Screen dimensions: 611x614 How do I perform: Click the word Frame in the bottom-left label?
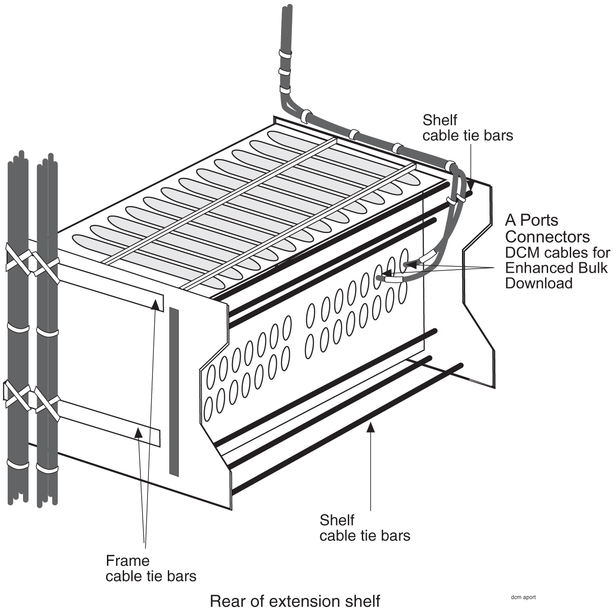pyautogui.click(x=127, y=561)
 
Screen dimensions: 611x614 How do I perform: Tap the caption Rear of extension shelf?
pyautogui.click(x=295, y=601)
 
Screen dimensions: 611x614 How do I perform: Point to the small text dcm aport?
pyautogui.click(x=523, y=597)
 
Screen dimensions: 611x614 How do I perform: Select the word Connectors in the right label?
pyautogui.click(x=547, y=237)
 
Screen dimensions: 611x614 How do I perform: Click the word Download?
pyautogui.click(x=539, y=283)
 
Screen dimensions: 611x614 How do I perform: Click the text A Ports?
pyautogui.click(x=531, y=220)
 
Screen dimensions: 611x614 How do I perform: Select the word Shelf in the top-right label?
pyautogui.click(x=439, y=120)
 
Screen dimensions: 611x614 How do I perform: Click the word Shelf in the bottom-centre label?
pyautogui.click(x=337, y=520)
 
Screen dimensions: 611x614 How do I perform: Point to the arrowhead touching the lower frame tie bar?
pyautogui.click(x=138, y=432)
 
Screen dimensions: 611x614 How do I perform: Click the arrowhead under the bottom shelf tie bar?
pyautogui.click(x=370, y=427)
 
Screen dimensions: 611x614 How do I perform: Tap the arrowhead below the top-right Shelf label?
pyautogui.click(x=471, y=186)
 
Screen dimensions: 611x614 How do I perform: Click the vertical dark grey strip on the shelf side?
pyautogui.click(x=174, y=391)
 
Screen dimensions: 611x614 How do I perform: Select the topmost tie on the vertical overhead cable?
pyautogui.click(x=285, y=54)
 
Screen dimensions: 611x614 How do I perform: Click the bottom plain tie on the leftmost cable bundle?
pyautogui.click(x=18, y=464)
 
